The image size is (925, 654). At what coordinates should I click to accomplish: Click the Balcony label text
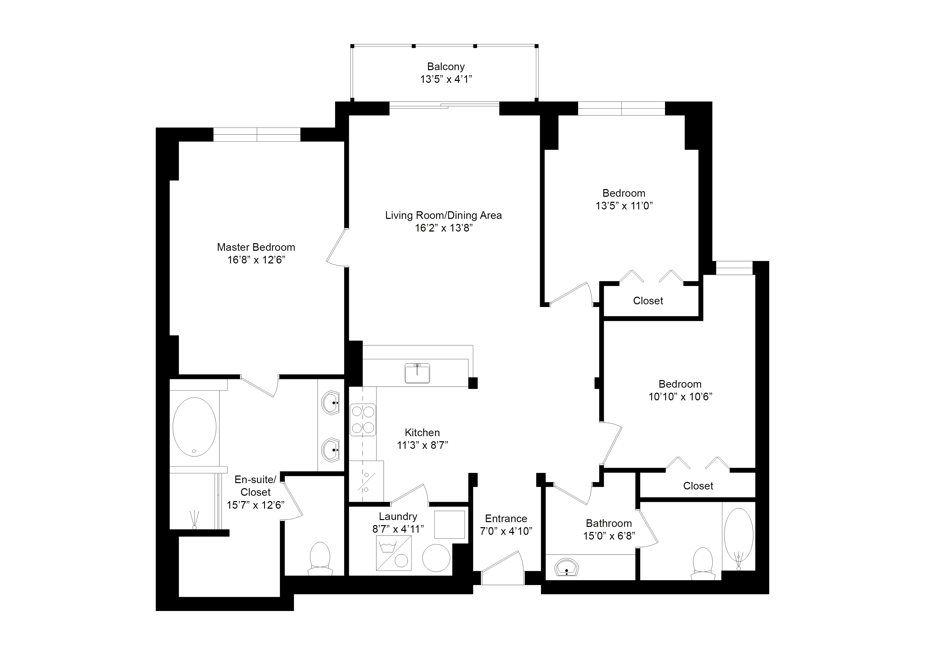point(446,66)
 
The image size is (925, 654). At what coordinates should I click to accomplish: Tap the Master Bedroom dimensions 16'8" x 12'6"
point(256,260)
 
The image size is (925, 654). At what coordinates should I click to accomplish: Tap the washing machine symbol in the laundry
point(394,553)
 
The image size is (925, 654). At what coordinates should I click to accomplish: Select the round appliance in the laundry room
point(436,558)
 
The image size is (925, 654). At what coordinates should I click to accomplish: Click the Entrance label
point(506,519)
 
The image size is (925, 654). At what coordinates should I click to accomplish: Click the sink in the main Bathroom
point(567,568)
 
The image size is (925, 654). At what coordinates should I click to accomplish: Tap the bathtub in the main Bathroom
point(739,536)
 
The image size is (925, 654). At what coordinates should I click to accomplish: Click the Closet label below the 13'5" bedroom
point(648,301)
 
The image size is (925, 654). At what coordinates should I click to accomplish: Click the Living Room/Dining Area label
point(443,215)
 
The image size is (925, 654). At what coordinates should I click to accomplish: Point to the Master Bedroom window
point(257,134)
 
